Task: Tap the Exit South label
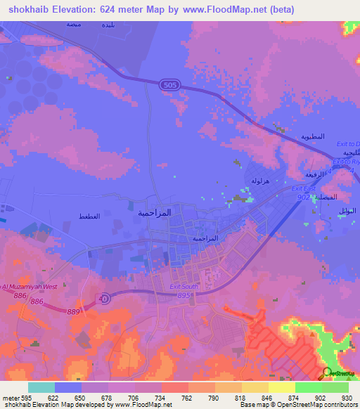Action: click(184, 286)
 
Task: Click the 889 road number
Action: click(74, 311)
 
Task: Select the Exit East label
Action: click(304, 189)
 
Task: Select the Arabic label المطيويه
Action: click(312, 136)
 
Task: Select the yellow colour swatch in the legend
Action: click(281, 387)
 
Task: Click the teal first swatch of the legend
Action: click(41, 387)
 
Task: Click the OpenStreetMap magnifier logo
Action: click(326, 372)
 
